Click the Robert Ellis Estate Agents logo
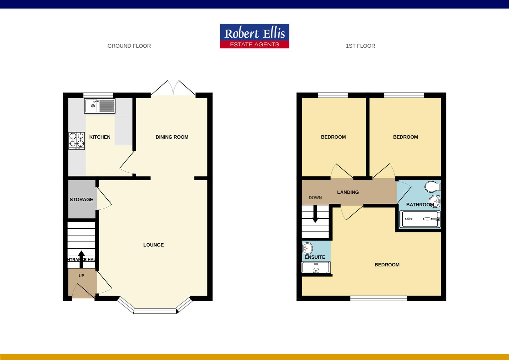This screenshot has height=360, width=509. coord(254,36)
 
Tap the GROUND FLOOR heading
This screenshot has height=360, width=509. coord(129,46)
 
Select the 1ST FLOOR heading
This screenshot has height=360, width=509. coord(360,46)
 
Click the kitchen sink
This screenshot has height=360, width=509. coord(100,106)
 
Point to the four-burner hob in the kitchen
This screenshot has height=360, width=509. coord(77,141)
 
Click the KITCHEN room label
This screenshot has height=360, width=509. coord(100,137)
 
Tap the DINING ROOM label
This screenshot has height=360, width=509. coord(172,137)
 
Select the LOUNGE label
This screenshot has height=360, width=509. coord(153,245)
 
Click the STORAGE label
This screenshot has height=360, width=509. coord(81,199)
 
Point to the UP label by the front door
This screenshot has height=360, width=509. coord(81,276)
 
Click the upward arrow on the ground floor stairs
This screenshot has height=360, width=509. coord(81,259)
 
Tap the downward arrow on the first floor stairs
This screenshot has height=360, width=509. coord(315,214)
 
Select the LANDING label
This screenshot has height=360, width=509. coord(348,192)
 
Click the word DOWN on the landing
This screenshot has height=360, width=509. coord(315,198)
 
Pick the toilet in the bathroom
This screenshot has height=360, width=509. coord(433,186)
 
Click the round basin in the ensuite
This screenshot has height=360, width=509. coord(307,248)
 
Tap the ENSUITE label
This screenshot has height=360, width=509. coord(315,257)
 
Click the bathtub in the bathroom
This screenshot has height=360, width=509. coord(420,219)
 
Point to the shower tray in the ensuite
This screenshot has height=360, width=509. coord(316,267)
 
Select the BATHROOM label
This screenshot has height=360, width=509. coord(420,205)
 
